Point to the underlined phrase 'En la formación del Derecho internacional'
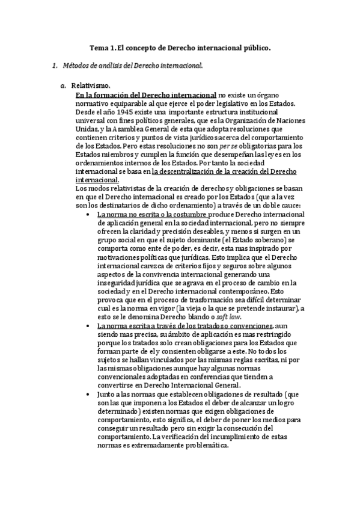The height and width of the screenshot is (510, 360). [x=145, y=95]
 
